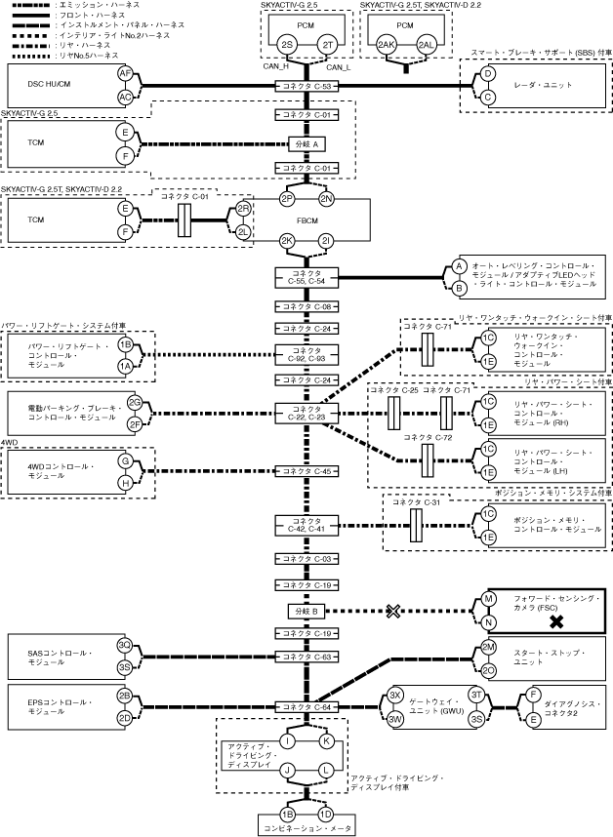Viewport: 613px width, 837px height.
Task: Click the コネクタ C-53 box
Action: pos(307,87)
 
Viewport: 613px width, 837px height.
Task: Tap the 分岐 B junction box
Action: pos(307,612)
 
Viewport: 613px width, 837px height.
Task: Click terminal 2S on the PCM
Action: pos(286,45)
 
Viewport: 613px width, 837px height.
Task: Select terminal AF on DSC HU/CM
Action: pos(125,74)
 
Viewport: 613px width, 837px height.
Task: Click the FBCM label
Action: pos(307,220)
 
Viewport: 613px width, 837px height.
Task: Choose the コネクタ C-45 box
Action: pos(307,471)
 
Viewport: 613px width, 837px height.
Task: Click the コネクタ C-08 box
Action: pos(307,306)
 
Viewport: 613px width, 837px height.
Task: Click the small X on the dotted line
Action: pos(394,612)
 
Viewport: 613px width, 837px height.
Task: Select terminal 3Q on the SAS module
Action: pos(125,645)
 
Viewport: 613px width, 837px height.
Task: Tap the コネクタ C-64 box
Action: pos(307,706)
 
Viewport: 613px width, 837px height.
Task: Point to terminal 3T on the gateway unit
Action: pos(476,694)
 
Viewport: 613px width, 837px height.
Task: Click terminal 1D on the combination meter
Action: pos(326,813)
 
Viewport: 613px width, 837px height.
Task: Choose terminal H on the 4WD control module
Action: pos(125,483)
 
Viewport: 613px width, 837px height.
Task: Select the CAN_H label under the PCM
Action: pos(275,67)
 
